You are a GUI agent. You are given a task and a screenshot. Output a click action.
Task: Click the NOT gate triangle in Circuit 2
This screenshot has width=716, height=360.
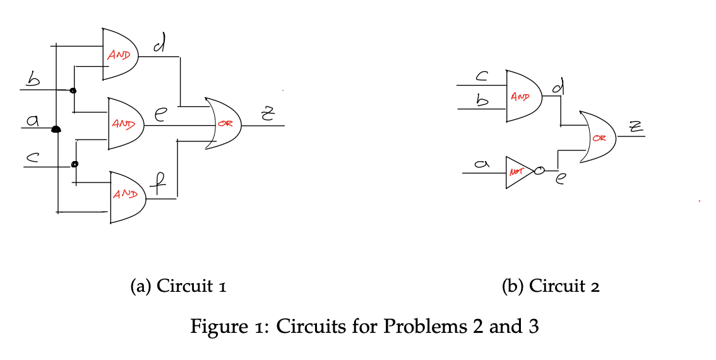518,171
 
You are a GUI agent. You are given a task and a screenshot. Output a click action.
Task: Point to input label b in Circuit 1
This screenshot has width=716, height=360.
32,80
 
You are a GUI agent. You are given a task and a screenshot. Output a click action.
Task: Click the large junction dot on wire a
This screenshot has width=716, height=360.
56,129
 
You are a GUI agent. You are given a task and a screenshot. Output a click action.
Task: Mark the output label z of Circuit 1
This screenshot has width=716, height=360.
267,114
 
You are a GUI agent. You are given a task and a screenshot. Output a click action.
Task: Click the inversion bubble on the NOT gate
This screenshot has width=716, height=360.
539,171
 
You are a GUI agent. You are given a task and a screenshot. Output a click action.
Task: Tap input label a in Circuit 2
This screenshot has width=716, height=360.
481,164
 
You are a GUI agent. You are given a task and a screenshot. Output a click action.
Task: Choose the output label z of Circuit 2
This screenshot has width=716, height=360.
633,129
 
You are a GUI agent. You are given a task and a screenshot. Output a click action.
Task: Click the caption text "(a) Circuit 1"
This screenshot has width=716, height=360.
178,286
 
